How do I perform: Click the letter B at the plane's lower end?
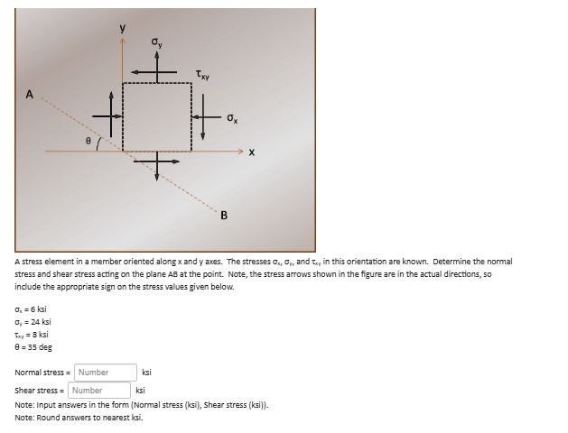[x=224, y=215]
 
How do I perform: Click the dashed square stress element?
[x=157, y=117]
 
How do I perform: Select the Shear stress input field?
[x=98, y=391]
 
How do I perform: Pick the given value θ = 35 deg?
[x=34, y=345]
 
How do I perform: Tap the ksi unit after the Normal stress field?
[x=147, y=372]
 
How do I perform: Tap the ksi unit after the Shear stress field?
[x=140, y=391]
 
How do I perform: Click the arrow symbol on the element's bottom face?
[x=157, y=166]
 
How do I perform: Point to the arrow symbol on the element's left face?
[x=111, y=115]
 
